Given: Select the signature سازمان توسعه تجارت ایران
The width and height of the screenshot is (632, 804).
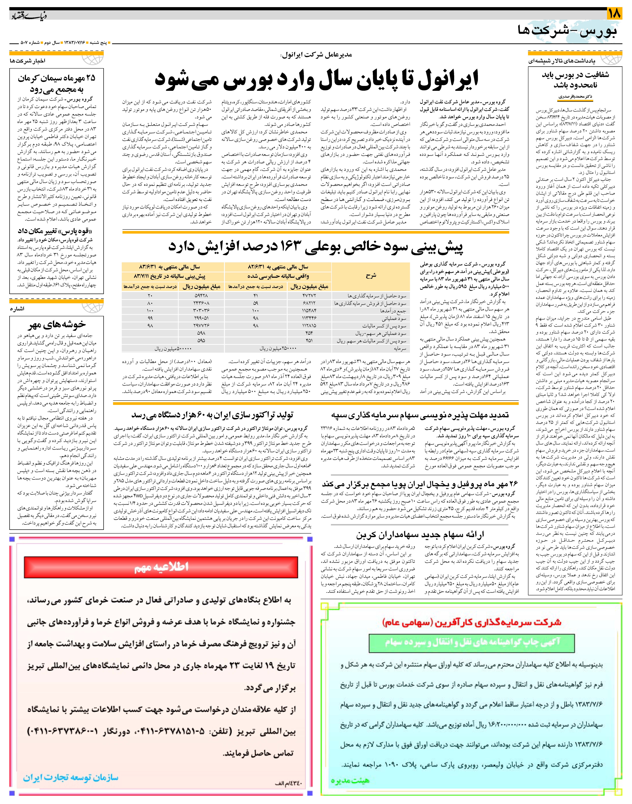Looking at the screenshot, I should click(70, 777).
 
